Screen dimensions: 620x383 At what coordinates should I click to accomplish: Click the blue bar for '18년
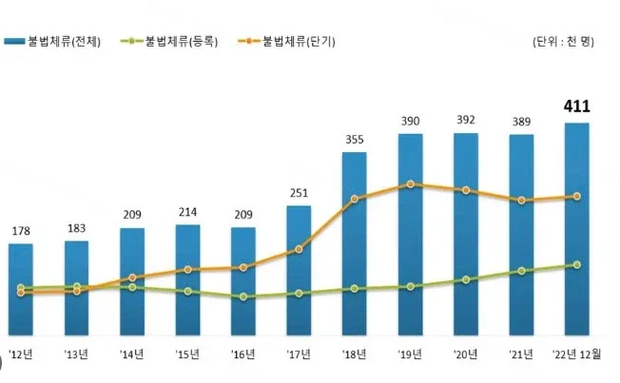coord(355,244)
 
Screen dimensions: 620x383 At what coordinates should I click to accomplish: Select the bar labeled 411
coord(577,229)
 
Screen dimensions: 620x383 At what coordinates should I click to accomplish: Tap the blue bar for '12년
coord(21,290)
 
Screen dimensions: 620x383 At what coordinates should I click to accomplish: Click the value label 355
coord(355,140)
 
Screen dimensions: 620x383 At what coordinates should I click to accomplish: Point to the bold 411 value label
coord(577,106)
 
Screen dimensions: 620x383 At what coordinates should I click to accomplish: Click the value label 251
coord(299,193)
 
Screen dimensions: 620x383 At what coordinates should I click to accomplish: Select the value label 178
coord(21,231)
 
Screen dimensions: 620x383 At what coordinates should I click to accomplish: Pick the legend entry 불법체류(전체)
coord(52,42)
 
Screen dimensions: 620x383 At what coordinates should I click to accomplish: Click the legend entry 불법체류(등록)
coord(169,42)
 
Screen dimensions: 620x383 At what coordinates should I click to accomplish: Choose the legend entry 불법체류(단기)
coord(286,42)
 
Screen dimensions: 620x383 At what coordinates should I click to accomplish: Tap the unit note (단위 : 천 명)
coord(563,42)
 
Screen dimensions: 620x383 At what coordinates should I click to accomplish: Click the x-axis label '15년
coord(187,354)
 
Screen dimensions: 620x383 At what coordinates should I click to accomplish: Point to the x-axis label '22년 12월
coord(577,354)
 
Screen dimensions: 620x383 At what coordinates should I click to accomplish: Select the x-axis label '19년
coord(410,354)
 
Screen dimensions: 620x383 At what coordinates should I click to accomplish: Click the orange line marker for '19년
coord(411,184)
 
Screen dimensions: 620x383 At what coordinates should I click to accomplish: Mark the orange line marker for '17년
coord(299,249)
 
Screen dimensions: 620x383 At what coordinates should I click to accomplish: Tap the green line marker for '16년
coord(243,297)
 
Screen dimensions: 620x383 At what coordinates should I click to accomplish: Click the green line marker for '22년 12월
coord(577,265)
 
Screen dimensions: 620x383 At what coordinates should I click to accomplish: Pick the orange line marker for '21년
coord(521,201)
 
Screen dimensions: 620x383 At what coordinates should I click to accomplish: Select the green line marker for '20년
coord(466,279)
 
